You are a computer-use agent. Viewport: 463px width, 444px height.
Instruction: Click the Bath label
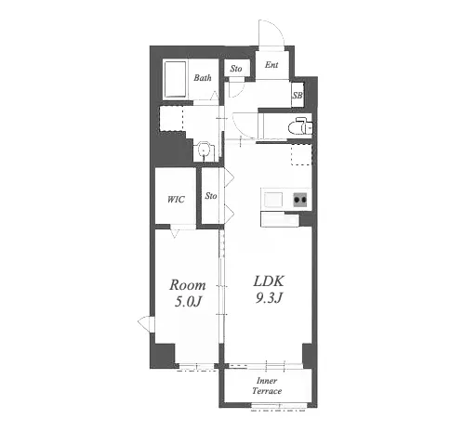pos(203,78)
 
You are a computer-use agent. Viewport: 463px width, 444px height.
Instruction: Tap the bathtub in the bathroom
pos(176,80)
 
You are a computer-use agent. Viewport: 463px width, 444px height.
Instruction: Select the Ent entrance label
pos(271,65)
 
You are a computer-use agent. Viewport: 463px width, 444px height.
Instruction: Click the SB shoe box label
pos(298,96)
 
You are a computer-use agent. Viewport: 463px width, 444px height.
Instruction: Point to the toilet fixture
pos(300,125)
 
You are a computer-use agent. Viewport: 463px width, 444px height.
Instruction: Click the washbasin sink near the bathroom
pos(204,150)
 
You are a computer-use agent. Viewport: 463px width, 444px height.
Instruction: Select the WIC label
pos(176,200)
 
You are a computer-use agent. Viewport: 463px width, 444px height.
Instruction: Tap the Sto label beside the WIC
pos(211,196)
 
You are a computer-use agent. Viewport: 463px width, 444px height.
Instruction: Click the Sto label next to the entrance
pos(236,69)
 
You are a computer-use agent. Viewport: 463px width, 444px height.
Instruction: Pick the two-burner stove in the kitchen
pos(300,200)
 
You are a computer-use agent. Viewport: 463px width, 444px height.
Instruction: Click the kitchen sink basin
pos(273,199)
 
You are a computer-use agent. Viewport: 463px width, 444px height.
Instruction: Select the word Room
pos(187,285)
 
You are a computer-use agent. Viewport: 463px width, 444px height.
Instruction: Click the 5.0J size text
pos(188,301)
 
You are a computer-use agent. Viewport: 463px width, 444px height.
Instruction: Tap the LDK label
pos(269,281)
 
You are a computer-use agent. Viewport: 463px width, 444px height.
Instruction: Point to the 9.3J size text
pos(269,297)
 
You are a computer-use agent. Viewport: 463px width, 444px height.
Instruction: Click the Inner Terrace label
pos(267,385)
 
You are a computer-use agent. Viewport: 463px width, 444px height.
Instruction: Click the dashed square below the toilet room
pos(301,155)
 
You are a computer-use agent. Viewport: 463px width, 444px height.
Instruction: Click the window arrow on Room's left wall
pos(144,323)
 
